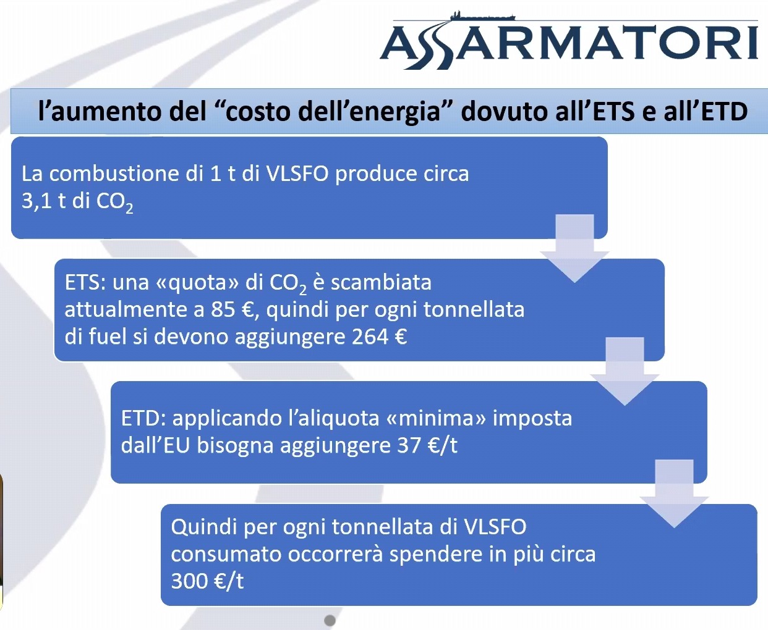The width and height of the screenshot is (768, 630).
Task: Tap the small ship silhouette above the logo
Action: [x=482, y=17]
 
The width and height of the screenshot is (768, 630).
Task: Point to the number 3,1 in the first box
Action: [x=36, y=201]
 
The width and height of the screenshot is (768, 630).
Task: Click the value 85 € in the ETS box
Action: [x=232, y=310]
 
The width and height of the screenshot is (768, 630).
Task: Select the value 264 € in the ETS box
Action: [x=379, y=337]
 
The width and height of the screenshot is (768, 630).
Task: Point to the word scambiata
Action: [x=381, y=283]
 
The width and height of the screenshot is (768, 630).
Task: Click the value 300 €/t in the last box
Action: [x=207, y=581]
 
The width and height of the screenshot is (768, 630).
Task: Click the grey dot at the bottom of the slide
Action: [x=330, y=620]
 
